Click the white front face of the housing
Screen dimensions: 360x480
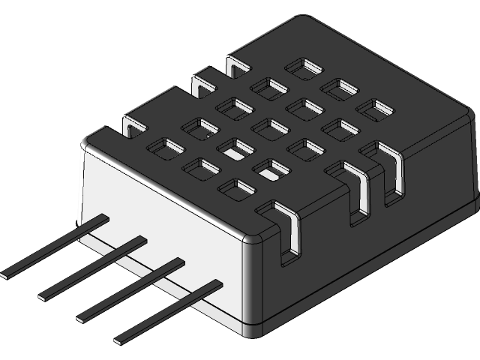165,210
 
